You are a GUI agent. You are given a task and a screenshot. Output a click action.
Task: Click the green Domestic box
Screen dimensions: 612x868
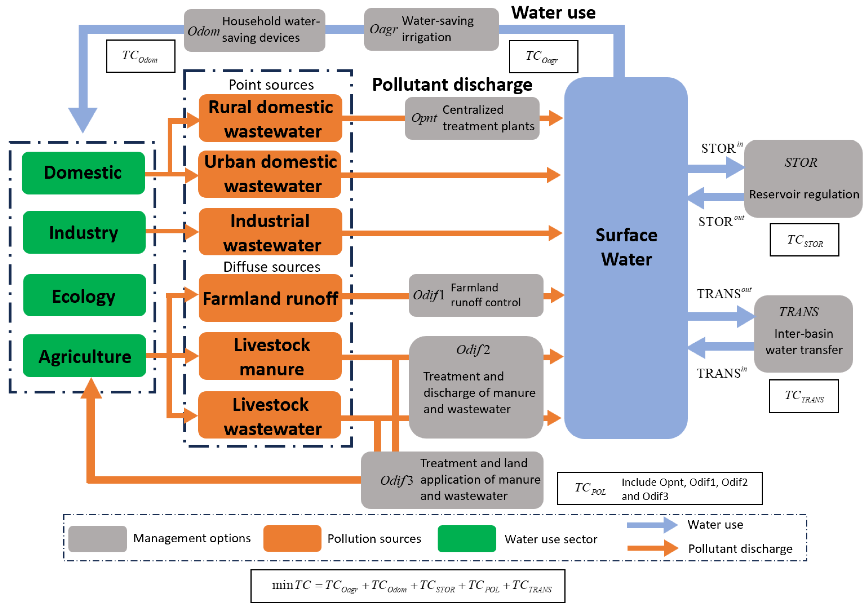pos(83,173)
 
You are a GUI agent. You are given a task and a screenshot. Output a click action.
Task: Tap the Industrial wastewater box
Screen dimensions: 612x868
pos(270,232)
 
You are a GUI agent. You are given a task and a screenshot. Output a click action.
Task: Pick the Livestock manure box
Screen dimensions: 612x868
pos(270,356)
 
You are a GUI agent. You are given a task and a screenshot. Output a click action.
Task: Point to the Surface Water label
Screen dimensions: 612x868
pos(626,247)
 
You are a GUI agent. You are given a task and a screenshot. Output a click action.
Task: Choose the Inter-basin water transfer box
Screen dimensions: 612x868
pos(803,334)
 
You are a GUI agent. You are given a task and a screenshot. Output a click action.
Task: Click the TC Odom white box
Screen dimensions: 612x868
pos(141,56)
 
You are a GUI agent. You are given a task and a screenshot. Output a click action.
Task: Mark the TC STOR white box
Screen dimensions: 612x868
pos(804,240)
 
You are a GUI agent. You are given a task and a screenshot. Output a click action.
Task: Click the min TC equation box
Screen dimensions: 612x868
pos(408,586)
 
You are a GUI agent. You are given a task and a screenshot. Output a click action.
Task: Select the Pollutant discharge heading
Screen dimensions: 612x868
pos(452,85)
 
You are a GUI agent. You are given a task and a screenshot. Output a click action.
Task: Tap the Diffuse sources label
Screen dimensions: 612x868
pos(271,267)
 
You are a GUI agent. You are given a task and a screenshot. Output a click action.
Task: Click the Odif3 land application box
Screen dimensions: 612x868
pos(452,480)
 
